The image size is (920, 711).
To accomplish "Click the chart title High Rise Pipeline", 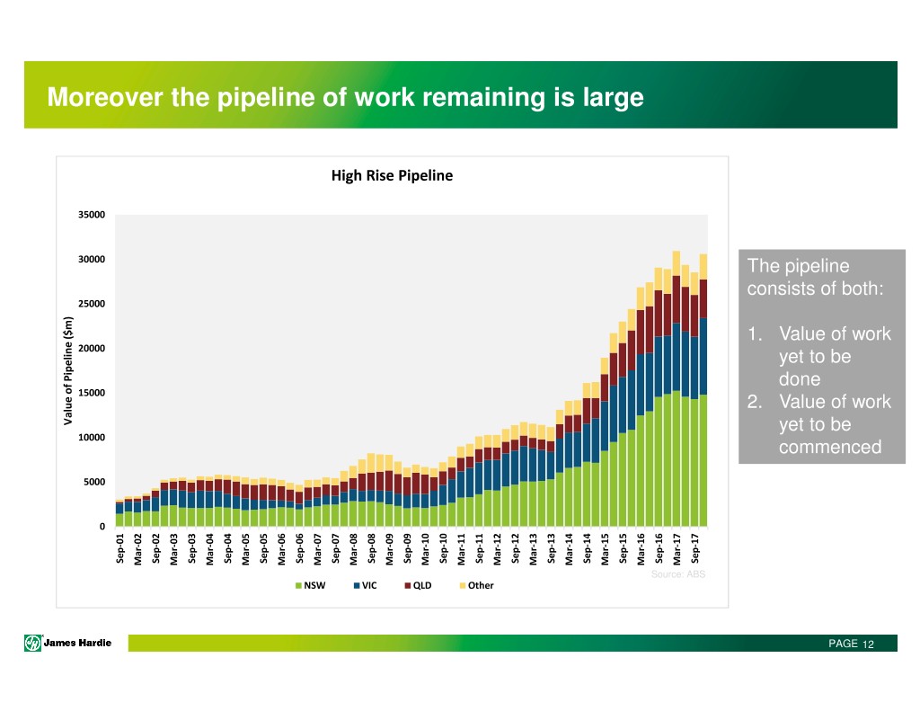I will click(392, 176).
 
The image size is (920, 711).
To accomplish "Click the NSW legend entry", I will click(310, 585).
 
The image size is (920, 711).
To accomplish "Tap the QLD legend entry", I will click(417, 585).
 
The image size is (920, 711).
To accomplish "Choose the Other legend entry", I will click(475, 585).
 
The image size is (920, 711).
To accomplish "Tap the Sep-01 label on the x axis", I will click(120, 548).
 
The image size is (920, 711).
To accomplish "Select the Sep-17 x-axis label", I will click(694, 548).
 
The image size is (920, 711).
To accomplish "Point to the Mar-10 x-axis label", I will click(425, 548).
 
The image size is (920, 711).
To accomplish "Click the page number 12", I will click(868, 644).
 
